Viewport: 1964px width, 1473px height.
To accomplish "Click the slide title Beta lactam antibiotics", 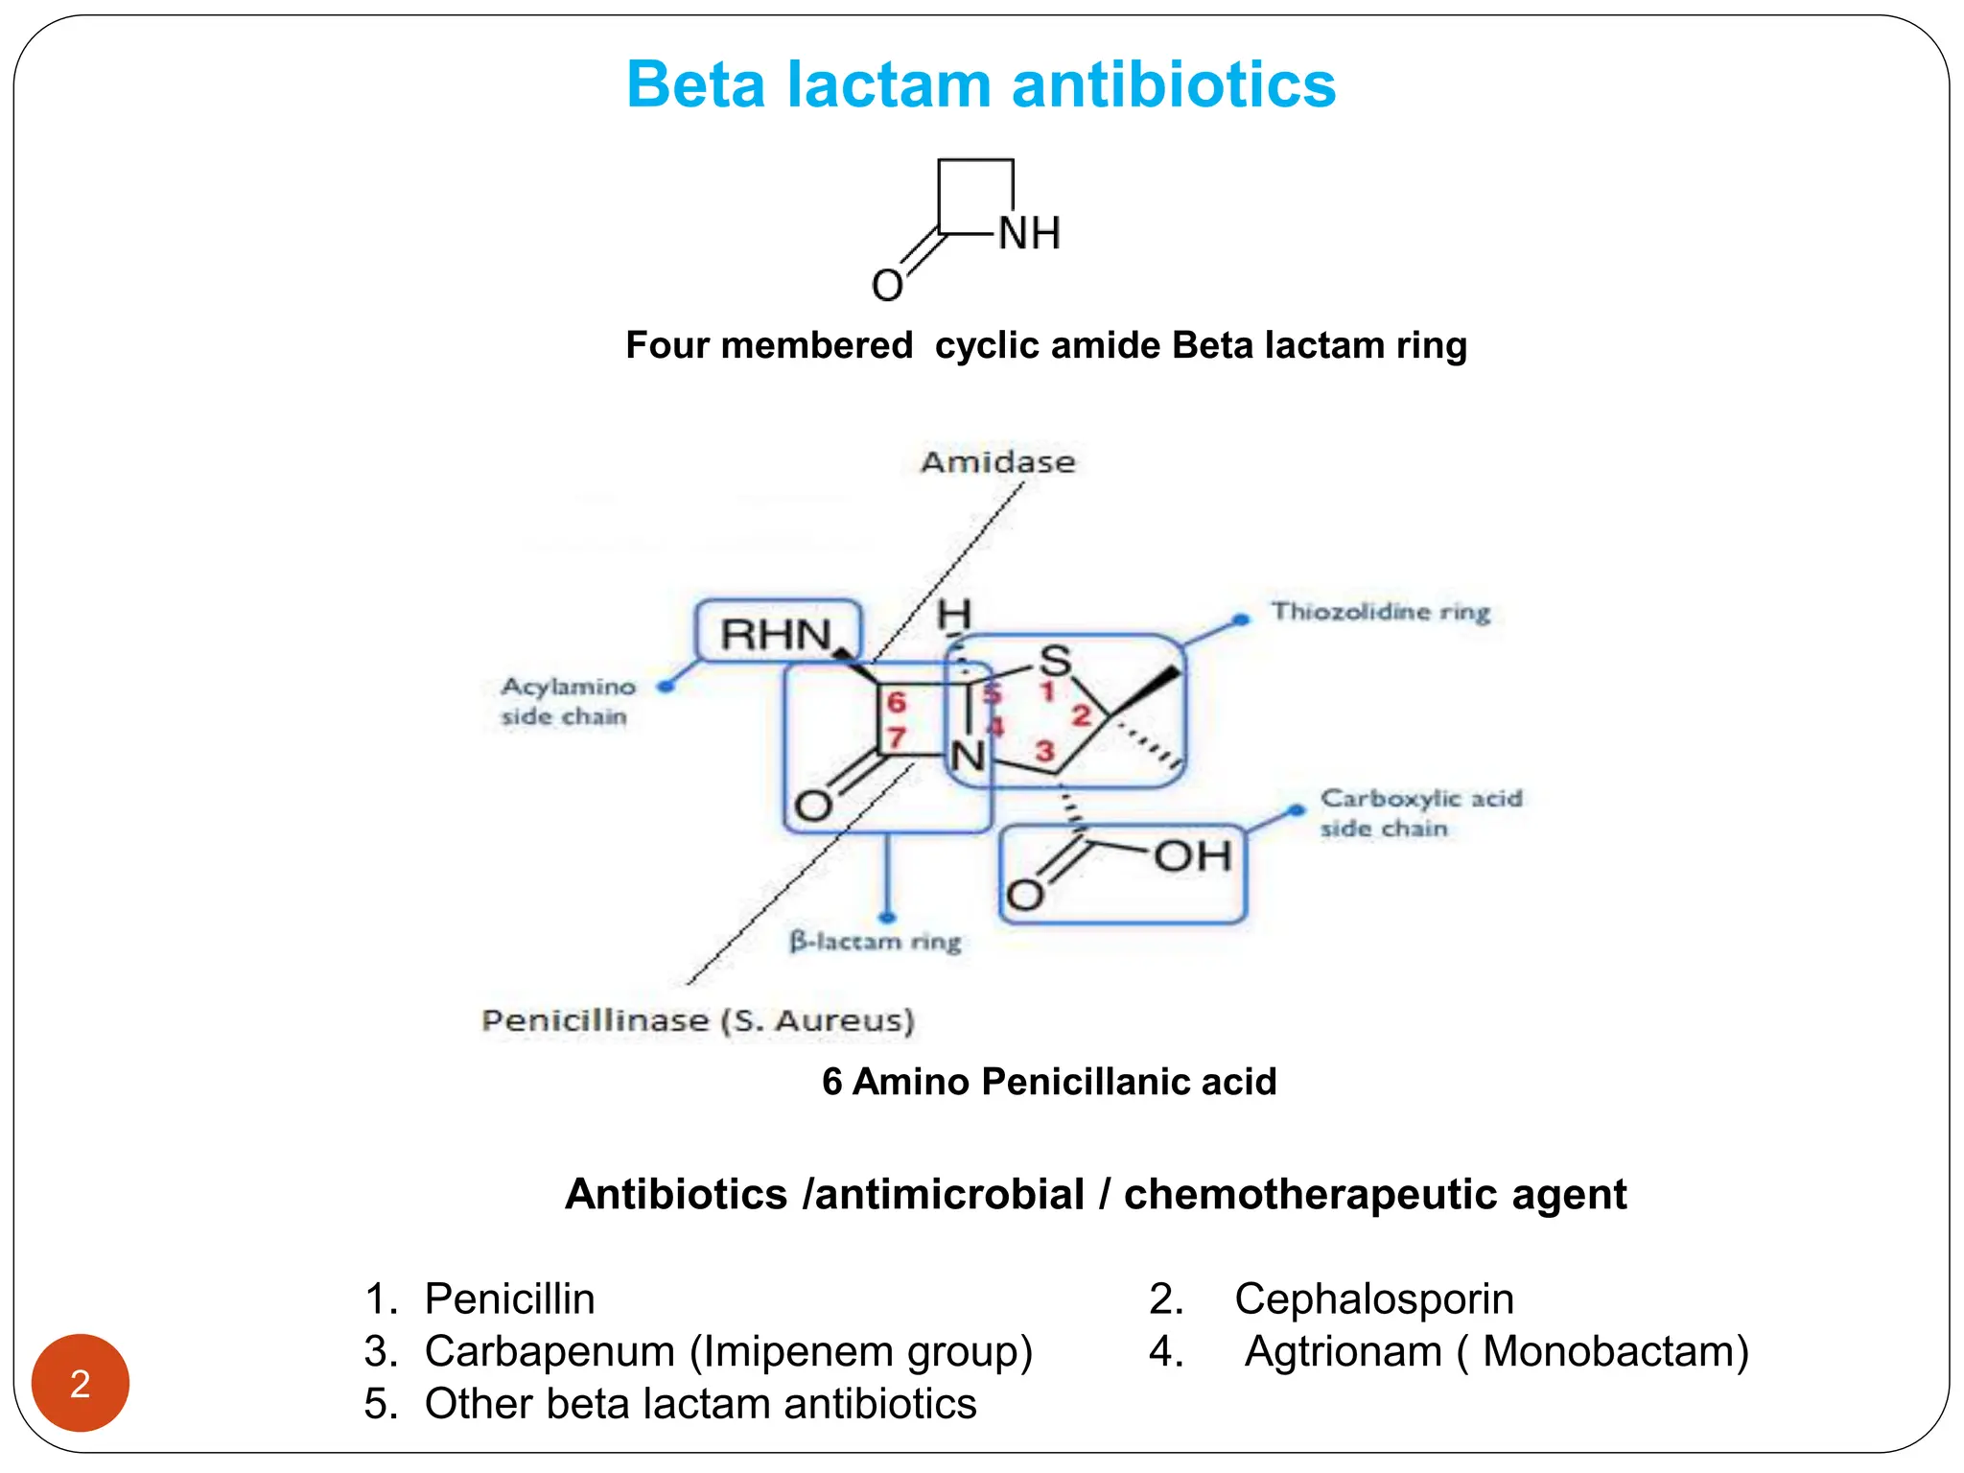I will coord(980,84).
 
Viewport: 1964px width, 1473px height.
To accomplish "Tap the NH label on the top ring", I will coord(1029,233).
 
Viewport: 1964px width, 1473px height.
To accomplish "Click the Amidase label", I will coord(997,462).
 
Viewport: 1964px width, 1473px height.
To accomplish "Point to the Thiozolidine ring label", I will coord(1380,612).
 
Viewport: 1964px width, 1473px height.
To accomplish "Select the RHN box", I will coord(778,633).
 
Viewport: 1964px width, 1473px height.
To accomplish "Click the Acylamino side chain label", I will coord(568,701).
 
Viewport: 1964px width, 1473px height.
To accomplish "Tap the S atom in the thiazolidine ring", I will coord(1055,661).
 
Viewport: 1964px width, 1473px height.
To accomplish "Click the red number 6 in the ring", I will coord(897,702).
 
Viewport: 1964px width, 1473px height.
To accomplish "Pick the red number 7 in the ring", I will coord(897,737).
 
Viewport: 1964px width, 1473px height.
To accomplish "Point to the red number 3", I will coord(1044,751).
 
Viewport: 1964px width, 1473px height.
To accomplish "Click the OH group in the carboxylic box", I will coord(1192,856).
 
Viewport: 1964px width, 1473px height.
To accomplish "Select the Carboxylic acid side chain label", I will coord(1420,812).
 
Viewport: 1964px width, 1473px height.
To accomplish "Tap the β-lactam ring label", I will coord(875,942).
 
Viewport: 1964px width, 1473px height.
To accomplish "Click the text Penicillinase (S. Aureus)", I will coord(697,1020).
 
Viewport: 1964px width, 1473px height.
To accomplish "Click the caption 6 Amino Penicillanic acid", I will coord(1049,1082).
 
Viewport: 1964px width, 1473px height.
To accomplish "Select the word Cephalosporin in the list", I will coord(1373,1299).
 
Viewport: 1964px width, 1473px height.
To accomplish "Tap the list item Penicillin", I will coord(509,1299).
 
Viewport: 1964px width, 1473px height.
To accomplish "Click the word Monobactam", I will coord(1615,1352).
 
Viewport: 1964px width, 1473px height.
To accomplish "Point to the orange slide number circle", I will coord(81,1383).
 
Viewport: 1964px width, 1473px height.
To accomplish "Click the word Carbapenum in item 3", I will coord(549,1352).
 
